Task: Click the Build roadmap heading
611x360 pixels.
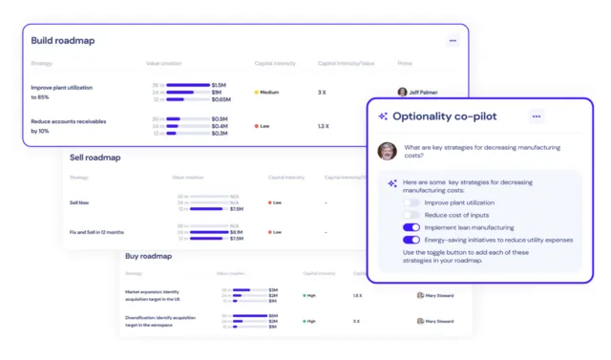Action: pos(63,41)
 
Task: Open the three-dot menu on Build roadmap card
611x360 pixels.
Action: pos(453,40)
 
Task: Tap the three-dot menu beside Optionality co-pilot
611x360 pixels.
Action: pos(537,116)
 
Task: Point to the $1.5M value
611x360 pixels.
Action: pos(219,85)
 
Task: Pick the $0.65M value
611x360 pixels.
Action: pos(221,99)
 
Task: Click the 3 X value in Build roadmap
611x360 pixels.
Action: pos(323,93)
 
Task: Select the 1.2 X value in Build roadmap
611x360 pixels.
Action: pos(323,126)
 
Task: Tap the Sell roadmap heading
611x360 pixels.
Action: pos(95,158)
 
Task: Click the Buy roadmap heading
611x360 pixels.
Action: pos(148,256)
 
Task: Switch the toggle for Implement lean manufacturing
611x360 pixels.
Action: pos(411,227)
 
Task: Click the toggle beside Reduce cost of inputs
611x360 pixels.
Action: pos(411,215)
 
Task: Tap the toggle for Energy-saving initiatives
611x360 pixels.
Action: pos(411,240)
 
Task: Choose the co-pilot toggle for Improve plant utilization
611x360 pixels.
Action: pos(411,202)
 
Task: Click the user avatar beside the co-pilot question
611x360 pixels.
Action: pos(387,151)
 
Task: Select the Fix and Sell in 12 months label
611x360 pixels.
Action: pos(97,232)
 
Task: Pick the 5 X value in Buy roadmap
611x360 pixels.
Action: pos(357,322)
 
